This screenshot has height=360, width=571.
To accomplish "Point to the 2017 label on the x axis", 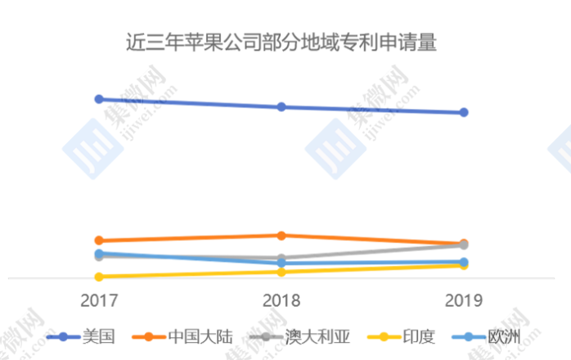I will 98,300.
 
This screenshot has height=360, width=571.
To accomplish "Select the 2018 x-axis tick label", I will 281,300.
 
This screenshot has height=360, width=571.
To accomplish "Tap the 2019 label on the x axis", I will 464,300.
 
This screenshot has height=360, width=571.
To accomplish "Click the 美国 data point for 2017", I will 99,99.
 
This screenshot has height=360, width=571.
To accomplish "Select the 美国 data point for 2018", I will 281,107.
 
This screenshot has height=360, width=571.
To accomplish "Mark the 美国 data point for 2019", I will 464,113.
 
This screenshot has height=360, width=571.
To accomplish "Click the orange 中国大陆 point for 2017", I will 99,241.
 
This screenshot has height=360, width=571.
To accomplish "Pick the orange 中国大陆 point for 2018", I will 281,236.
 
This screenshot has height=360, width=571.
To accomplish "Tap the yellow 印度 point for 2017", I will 99,277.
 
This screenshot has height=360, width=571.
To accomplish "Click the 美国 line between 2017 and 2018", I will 190,103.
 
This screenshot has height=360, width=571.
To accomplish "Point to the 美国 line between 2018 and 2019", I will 372,110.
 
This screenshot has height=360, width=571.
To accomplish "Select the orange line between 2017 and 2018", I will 190,238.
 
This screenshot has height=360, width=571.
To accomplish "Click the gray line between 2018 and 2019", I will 372,252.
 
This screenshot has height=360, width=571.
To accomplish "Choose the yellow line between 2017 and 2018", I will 190,274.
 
